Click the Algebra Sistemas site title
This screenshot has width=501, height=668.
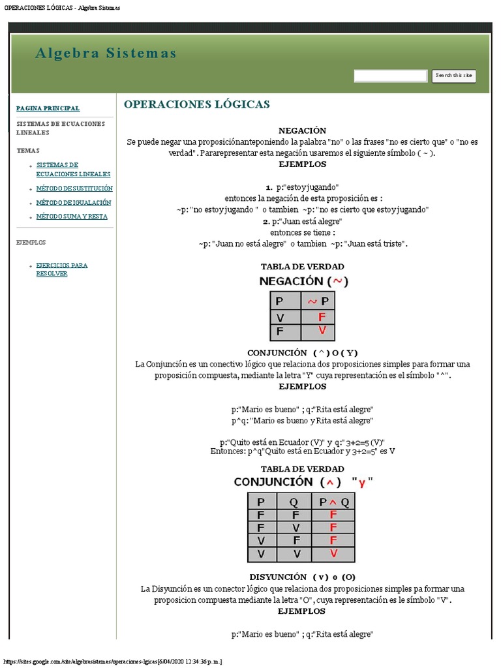pos(106,53)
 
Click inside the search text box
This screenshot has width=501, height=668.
pos(390,76)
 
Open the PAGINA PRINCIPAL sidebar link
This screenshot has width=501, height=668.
pos(48,108)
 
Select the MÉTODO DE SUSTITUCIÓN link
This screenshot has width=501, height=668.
pos(74,188)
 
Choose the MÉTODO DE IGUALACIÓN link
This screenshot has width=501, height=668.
pos(74,202)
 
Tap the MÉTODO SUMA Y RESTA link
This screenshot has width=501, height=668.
pos(72,216)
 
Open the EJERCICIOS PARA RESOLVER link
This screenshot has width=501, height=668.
pos(61,269)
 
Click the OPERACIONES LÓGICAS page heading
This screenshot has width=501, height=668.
pos(196,104)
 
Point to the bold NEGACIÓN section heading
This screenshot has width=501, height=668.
pos(302,130)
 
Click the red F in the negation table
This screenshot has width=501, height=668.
pos(321,317)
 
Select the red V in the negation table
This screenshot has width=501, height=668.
pos(321,331)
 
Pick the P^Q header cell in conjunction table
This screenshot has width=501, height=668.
pos(333,502)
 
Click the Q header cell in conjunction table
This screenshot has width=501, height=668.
pos(294,502)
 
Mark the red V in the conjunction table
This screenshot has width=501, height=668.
pos(333,554)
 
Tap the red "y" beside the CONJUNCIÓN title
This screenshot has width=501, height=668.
pos(362,483)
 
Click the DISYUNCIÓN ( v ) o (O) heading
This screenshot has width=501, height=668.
pos(302,577)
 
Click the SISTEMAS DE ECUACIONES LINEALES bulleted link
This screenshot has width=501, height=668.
pos(73,170)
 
